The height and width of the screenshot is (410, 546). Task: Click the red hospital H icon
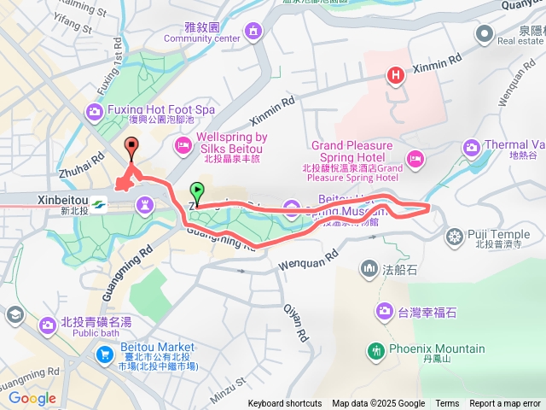coord(395,76)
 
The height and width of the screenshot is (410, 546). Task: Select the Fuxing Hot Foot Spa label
coord(160,111)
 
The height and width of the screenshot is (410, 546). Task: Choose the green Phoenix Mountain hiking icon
coord(375,349)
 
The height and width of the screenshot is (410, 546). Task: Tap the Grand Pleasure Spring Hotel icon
coord(415,158)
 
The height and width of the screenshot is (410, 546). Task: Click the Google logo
coord(32,398)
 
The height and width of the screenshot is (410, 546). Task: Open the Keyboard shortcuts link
coord(285,404)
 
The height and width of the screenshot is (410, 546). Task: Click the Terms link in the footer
coord(447,404)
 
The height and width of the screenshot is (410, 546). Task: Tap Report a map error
coord(505,404)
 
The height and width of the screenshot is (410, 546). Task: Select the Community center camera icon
coord(253,32)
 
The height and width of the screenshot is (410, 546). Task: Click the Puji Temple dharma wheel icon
coord(453,235)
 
